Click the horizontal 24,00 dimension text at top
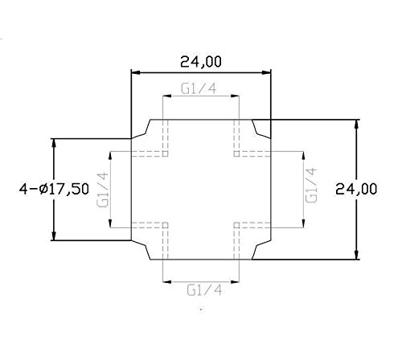tap(201, 61)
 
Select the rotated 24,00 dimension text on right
tap(367, 190)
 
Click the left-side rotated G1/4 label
tap(102, 190)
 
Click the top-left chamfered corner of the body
tap(142, 129)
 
